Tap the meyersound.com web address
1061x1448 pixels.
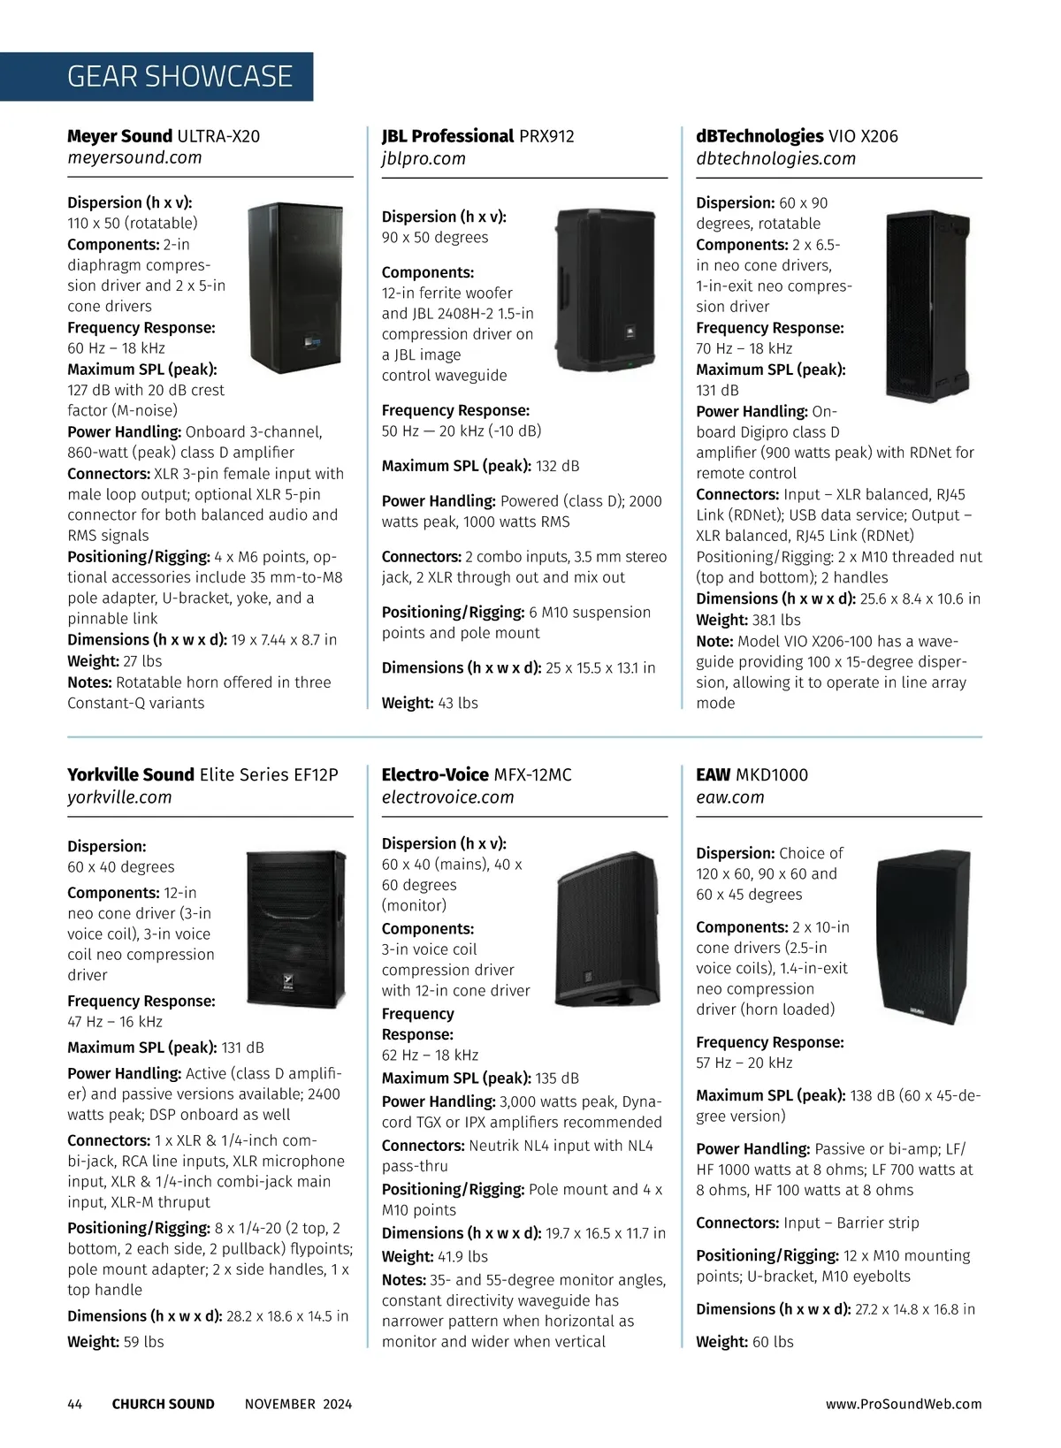pyautogui.click(x=134, y=157)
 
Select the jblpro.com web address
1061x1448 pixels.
pyautogui.click(x=424, y=158)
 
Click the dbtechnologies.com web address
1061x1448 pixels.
pyautogui.click(x=775, y=158)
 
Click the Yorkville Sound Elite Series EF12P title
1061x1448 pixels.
pyautogui.click(x=202, y=774)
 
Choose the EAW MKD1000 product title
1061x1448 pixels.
pyautogui.click(x=752, y=774)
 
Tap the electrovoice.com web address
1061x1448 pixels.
pyautogui.click(x=447, y=796)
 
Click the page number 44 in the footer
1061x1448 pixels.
pyautogui.click(x=75, y=1404)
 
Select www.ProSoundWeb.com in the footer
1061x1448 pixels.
pyautogui.click(x=904, y=1404)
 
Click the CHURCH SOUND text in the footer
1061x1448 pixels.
pyautogui.click(x=163, y=1404)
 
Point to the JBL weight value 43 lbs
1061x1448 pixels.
pyautogui.click(x=458, y=703)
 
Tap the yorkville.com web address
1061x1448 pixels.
pyautogui.click(x=119, y=796)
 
